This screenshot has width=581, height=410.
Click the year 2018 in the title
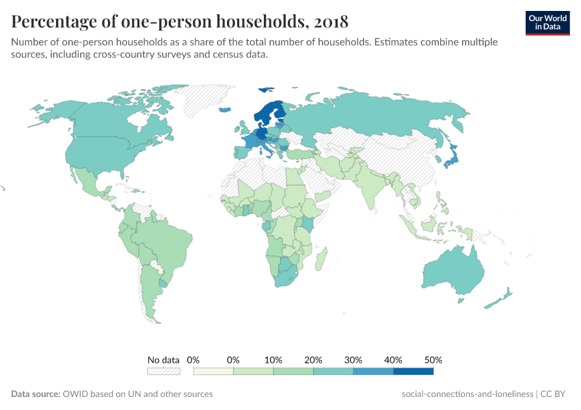click(332, 22)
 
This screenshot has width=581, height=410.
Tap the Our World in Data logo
click(548, 23)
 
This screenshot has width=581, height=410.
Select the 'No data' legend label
click(163, 359)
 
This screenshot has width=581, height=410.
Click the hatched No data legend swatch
click(163, 371)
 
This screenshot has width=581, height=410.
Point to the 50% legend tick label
click(433, 359)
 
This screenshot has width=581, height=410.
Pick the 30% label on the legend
click(353, 359)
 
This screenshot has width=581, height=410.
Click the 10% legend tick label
click(273, 359)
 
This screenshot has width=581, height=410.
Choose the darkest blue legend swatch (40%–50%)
click(413, 371)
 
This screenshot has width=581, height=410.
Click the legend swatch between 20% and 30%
click(333, 371)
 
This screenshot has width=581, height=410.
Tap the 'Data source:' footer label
click(36, 394)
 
